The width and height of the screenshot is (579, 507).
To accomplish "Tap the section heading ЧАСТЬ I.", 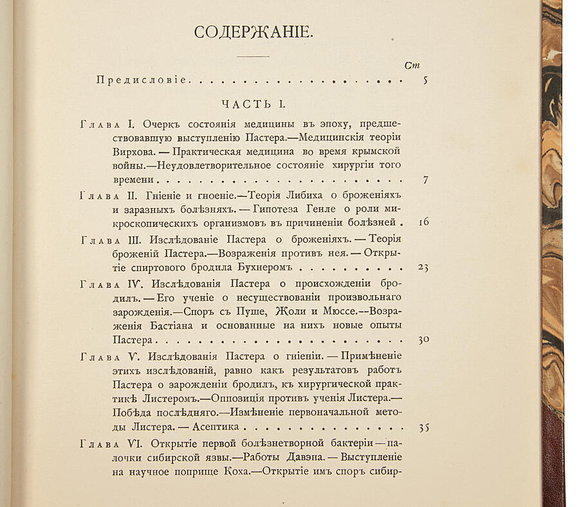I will point(253,103).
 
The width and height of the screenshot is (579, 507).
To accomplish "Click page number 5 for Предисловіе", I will point(426,80).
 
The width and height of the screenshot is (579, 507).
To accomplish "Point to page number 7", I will point(425,181).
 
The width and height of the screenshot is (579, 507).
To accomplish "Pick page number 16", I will point(423,223).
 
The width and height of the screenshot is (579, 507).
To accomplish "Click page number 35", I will point(423,427).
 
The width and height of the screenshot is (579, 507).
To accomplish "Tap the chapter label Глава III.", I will point(107,240).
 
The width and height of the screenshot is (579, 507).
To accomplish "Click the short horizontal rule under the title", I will point(253,57).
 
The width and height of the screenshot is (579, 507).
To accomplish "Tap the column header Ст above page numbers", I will point(413,65).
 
